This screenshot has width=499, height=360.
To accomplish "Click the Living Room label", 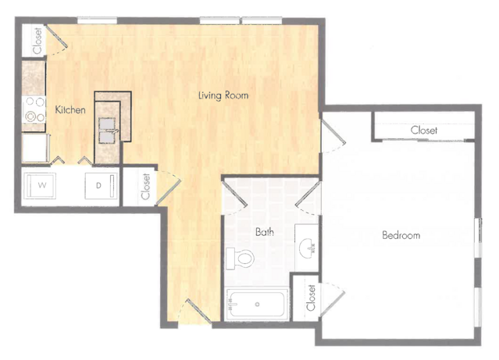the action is click(223, 95).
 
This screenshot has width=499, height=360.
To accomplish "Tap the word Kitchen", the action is click(70, 110).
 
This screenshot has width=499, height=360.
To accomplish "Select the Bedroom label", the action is click(401, 235).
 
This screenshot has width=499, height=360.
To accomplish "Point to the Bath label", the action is click(265, 232).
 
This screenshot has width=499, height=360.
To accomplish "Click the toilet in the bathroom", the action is click(240, 258).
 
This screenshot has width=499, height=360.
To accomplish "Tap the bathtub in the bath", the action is click(257, 305).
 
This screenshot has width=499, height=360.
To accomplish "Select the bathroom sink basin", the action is click(307, 246).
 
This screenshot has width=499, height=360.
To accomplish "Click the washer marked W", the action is click(41, 186).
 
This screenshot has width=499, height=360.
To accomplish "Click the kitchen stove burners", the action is click(34, 110).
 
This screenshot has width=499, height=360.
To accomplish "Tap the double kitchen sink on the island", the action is click(107, 130).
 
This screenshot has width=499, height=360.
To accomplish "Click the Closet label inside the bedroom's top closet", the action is click(423, 130).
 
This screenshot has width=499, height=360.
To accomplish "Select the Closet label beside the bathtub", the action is click(311, 298).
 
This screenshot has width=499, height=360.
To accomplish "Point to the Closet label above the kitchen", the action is click(37, 41).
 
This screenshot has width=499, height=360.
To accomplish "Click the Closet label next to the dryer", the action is click(145, 186).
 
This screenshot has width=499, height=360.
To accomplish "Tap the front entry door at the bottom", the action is click(198, 311).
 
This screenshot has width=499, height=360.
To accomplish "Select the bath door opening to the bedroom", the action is click(307, 194).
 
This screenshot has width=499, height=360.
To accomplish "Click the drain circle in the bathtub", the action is click(257, 305).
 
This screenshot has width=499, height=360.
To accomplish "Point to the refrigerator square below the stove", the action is click(35, 148).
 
